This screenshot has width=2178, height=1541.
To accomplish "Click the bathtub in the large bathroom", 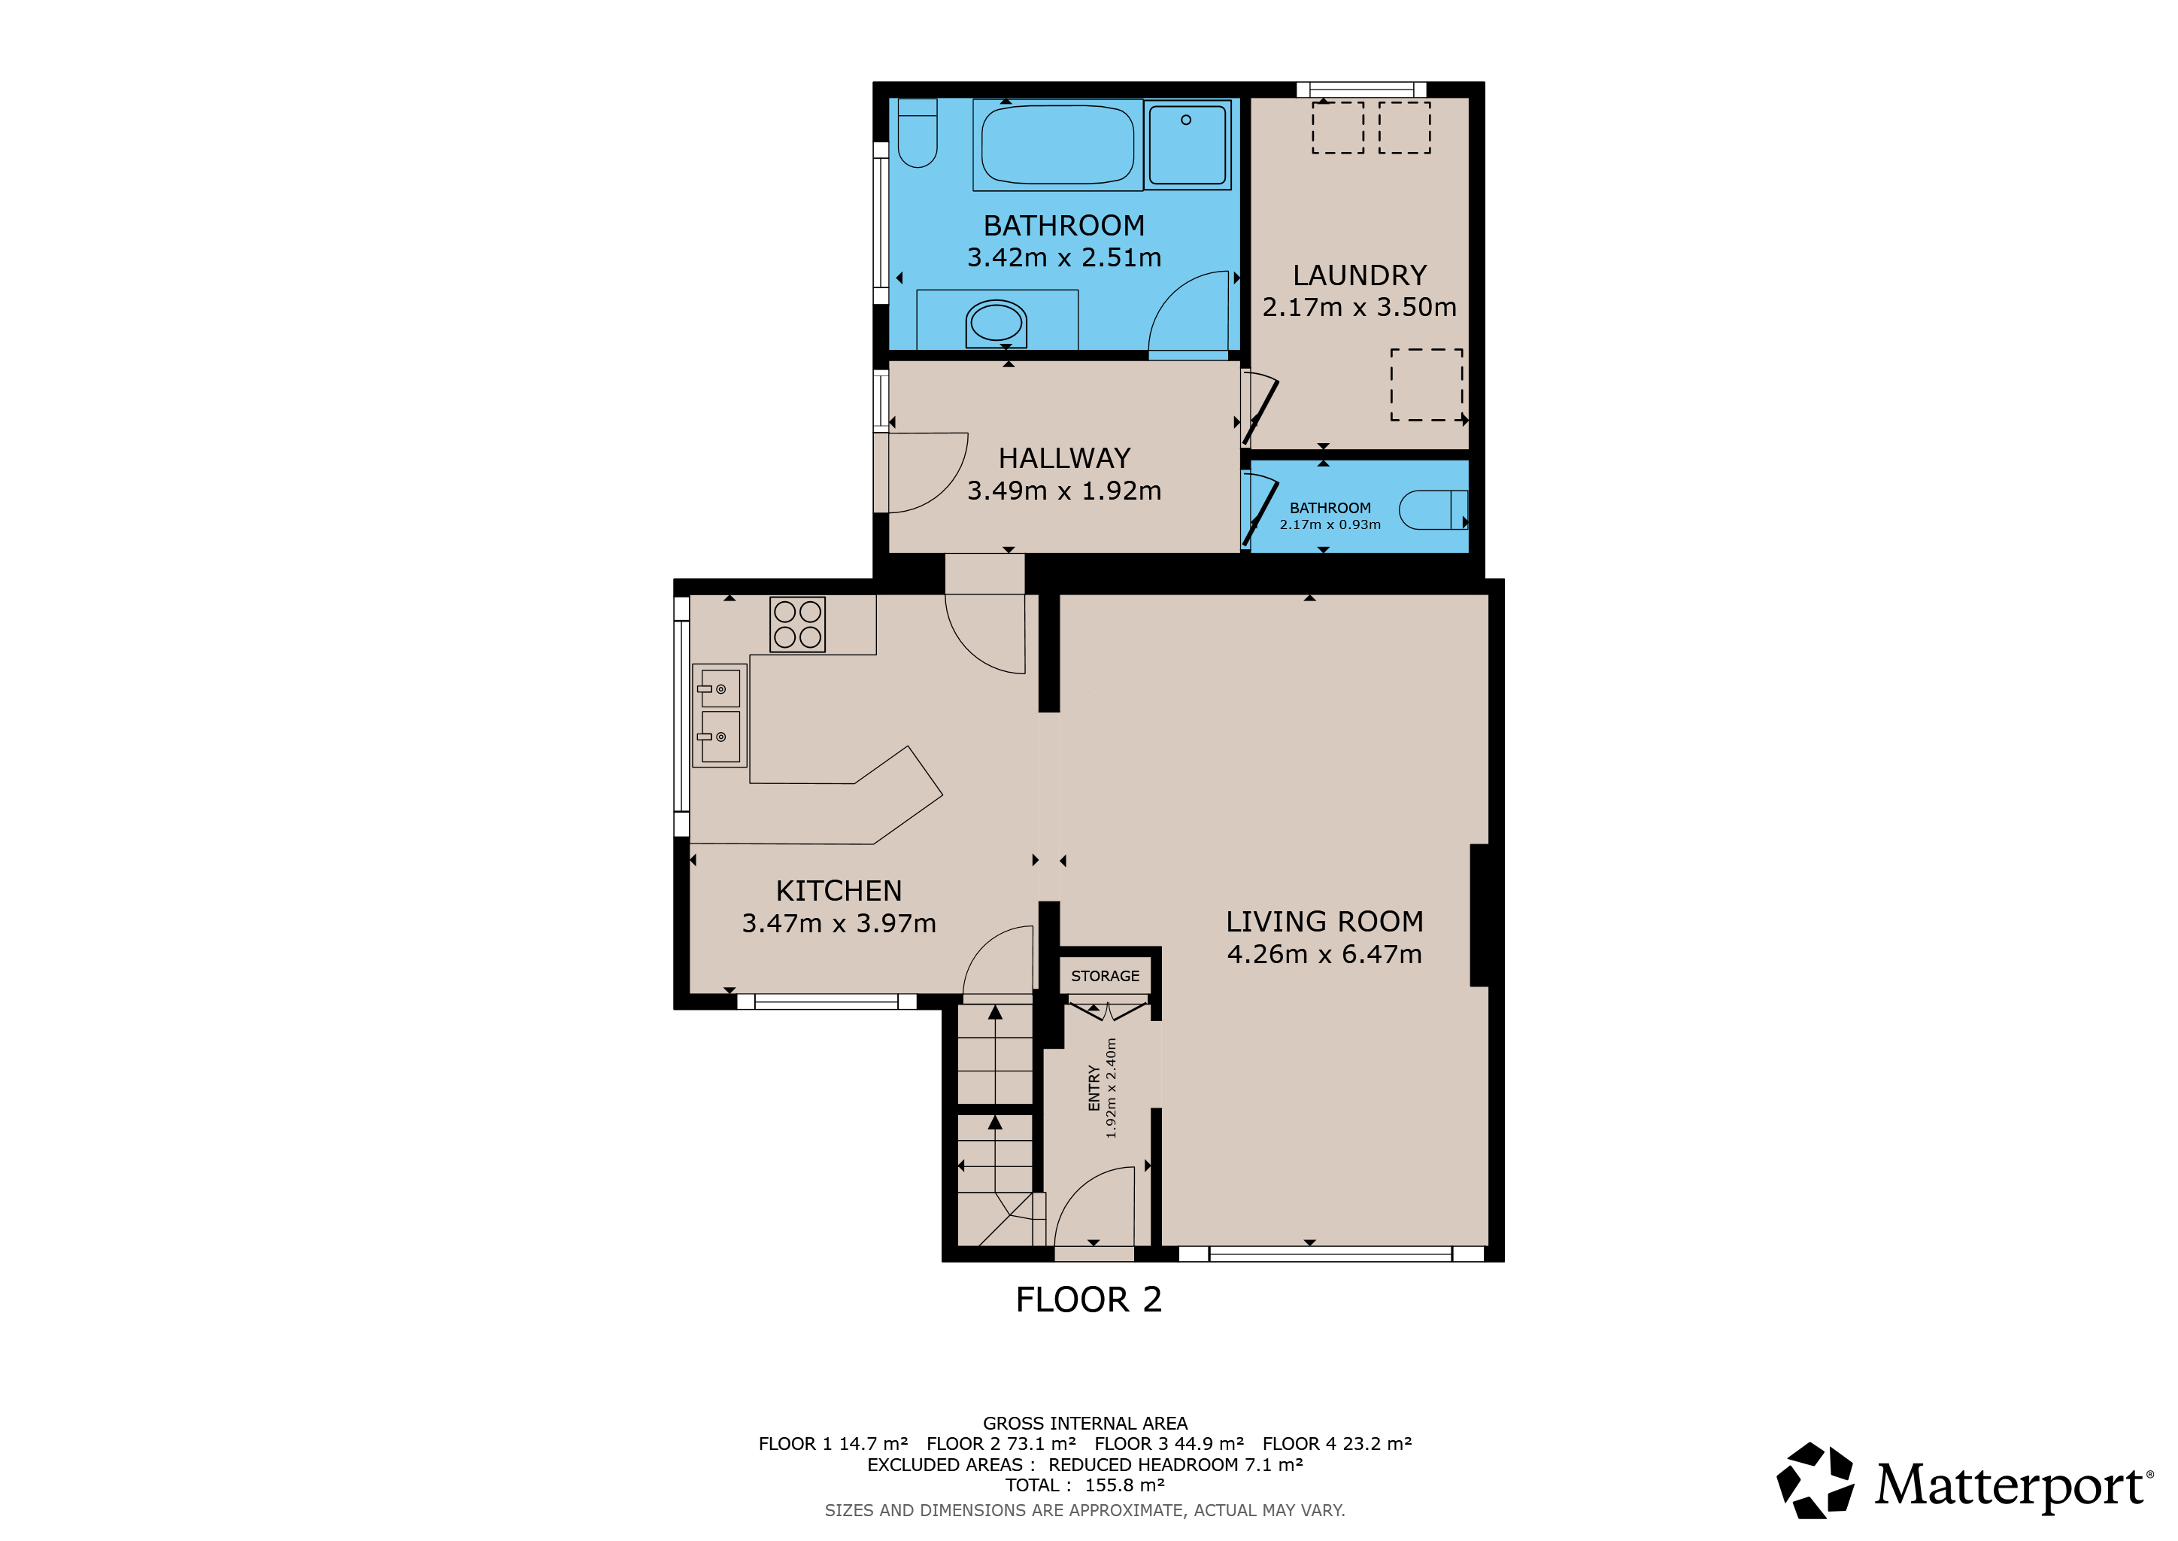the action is point(1057,144).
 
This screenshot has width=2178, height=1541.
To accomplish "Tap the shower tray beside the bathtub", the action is point(1188,144).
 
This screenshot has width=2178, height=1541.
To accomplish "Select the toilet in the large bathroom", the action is point(918,133).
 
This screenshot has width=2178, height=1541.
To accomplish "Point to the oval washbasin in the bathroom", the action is point(996,324).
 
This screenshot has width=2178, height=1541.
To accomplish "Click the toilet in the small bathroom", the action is point(1433,509).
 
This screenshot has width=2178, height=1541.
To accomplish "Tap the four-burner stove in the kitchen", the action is point(798,625).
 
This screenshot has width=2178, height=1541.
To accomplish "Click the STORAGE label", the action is point(1105,975).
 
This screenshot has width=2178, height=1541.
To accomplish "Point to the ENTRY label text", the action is point(1094,1087).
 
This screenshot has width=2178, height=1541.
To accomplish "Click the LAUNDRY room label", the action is point(1359,275).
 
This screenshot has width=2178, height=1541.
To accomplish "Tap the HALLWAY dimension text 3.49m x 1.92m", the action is point(1063,491).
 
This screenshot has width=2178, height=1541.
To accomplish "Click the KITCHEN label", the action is point(839,891).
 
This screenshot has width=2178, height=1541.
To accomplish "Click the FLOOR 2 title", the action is point(1089,1299).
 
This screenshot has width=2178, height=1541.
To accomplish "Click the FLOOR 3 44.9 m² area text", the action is point(1169,1443).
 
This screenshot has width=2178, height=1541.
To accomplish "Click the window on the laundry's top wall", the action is point(1361,90).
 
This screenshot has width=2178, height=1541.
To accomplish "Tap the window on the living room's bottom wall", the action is point(1331,1254).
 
